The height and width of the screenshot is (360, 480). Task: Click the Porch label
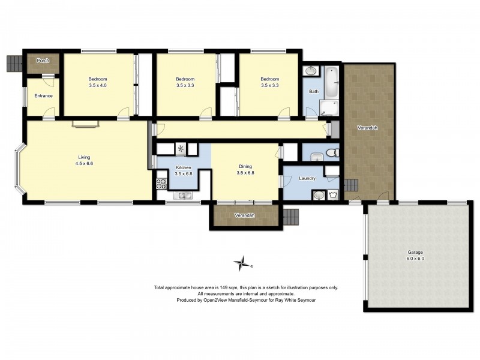click(x=43, y=61)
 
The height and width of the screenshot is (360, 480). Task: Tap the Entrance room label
click(x=43, y=96)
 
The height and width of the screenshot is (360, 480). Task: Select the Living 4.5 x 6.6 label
click(x=84, y=160)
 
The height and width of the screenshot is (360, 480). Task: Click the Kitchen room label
click(x=184, y=167)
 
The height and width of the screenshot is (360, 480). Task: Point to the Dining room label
click(x=245, y=167)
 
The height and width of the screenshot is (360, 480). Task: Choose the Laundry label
click(x=307, y=178)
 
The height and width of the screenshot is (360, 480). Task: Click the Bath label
click(x=314, y=91)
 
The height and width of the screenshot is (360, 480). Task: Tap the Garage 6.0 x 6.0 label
click(x=415, y=256)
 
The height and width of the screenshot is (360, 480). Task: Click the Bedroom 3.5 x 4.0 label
click(x=98, y=82)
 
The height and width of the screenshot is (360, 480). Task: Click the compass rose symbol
click(x=243, y=263)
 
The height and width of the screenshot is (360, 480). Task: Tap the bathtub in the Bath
click(x=332, y=82)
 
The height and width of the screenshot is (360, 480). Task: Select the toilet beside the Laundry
click(x=332, y=152)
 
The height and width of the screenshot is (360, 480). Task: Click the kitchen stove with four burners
click(x=161, y=184)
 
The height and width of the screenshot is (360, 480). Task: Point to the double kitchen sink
click(x=183, y=196)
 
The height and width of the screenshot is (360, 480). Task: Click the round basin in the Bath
click(x=311, y=71)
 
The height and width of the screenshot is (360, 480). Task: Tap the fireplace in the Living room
click(x=86, y=124)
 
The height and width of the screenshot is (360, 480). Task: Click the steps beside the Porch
click(x=14, y=64)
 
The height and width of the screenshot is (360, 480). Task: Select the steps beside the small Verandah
click(x=290, y=217)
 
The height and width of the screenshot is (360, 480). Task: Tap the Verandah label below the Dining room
click(x=245, y=215)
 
